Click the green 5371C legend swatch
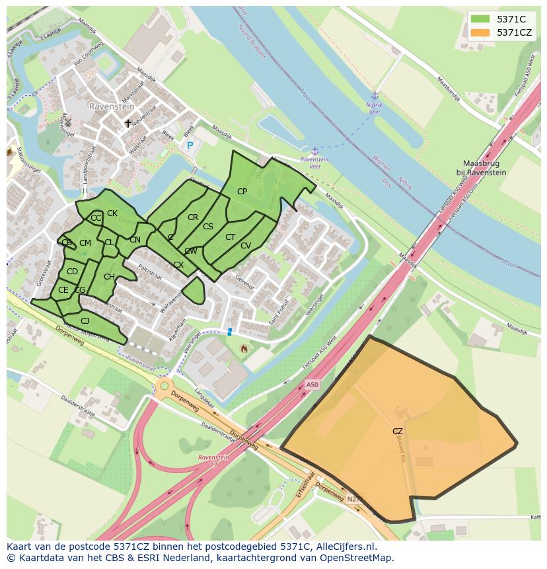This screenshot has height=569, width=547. (480, 19)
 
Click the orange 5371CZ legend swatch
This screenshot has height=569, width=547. (480, 32)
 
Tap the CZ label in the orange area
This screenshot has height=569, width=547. (397, 432)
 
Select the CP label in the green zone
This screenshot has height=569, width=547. (242, 192)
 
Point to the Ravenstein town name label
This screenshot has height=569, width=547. (112, 106)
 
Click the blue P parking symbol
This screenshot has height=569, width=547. (190, 145)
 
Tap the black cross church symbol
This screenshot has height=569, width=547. (128, 123)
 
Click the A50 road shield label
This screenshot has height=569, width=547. (312, 385)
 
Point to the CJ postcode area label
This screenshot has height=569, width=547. (85, 321)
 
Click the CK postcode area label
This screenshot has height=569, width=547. (112, 213)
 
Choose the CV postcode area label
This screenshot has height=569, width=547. (246, 246)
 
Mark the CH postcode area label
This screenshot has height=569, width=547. (109, 277)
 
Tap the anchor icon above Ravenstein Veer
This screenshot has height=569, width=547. (315, 151)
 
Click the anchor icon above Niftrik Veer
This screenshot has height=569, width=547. (375, 96)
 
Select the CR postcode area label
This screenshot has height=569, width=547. (193, 217)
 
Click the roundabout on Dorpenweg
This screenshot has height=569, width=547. (164, 385)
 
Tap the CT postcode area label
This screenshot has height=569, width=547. (230, 237)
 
